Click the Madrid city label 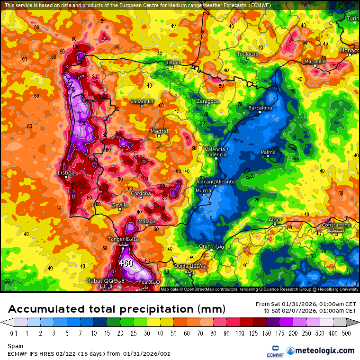(x=159, y=131)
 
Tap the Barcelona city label (x=260, y=108)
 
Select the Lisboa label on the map (x=66, y=173)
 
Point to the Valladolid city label (x=142, y=101)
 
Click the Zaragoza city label (x=207, y=101)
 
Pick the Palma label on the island (x=268, y=152)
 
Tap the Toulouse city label (x=248, y=54)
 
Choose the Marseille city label (x=315, y=61)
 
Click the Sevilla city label (x=120, y=205)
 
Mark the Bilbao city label (x=173, y=63)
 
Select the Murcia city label (x=203, y=190)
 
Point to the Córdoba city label (x=141, y=193)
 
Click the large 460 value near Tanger (x=126, y=263)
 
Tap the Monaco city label (x=350, y=50)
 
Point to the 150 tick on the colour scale (x=256, y=333)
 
